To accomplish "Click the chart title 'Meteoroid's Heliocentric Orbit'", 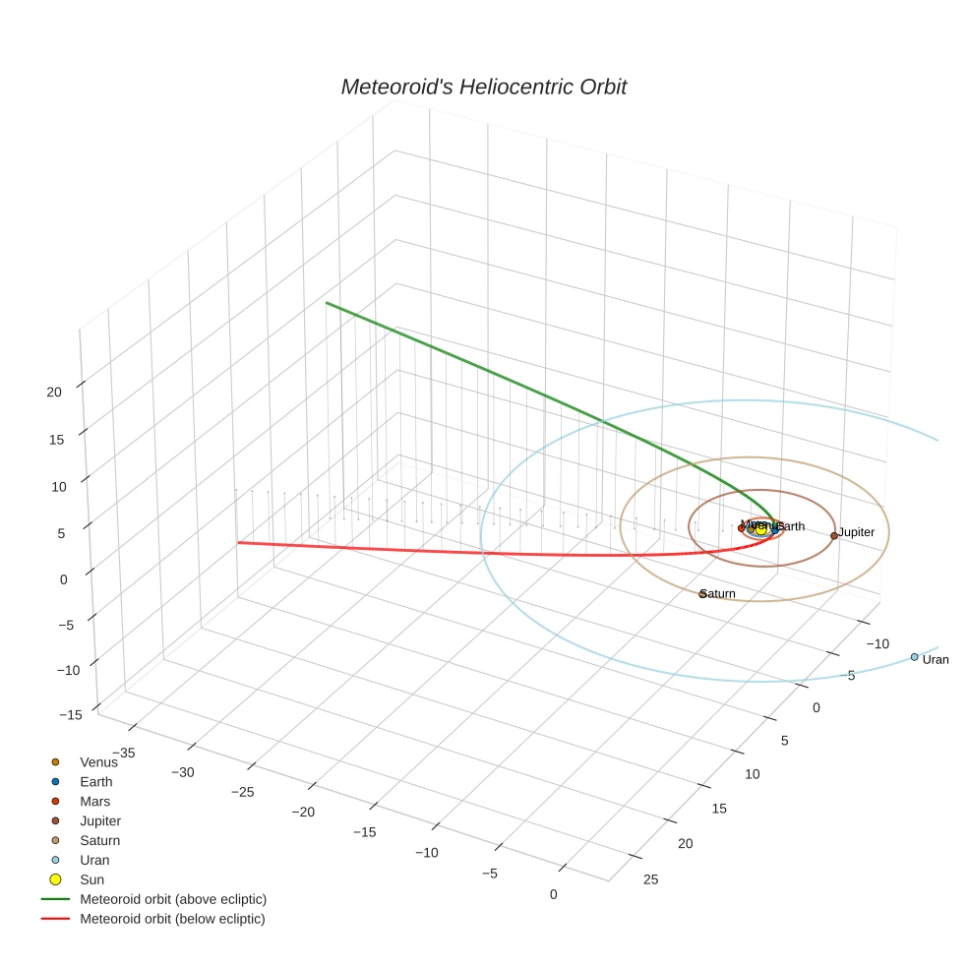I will [x=483, y=87].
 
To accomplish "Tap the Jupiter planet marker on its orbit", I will [x=834, y=535].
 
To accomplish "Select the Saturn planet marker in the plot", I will [x=702, y=593].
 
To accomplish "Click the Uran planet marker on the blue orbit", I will [x=914, y=657].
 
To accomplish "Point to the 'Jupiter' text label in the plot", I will [x=856, y=532].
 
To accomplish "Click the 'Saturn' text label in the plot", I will [x=719, y=594].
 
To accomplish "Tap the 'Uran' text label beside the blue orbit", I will [x=936, y=660].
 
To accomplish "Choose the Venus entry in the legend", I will [x=97, y=761].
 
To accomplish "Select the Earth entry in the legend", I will [x=95, y=781].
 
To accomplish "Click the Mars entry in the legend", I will [x=94, y=801].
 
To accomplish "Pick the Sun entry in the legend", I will [x=91, y=879].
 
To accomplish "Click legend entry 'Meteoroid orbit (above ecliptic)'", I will [x=172, y=899].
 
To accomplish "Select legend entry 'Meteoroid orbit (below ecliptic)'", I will [x=172, y=919].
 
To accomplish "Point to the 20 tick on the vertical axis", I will [x=54, y=392].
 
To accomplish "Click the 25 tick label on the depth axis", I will [x=650, y=879].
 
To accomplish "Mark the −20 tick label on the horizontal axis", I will [x=303, y=812].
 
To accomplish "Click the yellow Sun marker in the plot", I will [x=760, y=529].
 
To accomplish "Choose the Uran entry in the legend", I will [x=94, y=860].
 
